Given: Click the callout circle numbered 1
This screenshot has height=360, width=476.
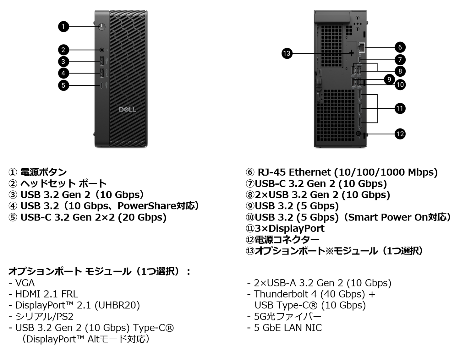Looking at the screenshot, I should [x=63, y=26].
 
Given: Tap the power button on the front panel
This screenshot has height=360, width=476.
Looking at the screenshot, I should [x=102, y=27].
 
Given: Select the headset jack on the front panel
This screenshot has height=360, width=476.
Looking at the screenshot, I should [x=102, y=50].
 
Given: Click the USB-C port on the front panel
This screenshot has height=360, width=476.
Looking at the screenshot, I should [x=102, y=85].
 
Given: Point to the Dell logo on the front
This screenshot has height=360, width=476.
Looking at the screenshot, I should [x=127, y=109].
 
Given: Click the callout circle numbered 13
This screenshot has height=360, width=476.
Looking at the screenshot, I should [x=287, y=53].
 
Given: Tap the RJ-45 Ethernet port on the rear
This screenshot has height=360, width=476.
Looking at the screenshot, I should [x=361, y=47].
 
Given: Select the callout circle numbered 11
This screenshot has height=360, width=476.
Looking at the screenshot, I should [x=400, y=109].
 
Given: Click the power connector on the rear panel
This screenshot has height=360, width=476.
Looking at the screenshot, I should [x=358, y=134].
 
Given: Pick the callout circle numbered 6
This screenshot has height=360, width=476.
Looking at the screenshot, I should [x=400, y=47].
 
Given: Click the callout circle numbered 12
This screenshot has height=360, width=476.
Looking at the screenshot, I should [x=400, y=134].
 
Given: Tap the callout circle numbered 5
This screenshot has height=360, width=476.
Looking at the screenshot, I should [x=63, y=85].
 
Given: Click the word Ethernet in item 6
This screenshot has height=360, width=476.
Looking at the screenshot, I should [x=309, y=172].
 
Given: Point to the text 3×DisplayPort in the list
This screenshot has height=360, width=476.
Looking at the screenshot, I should [x=289, y=228].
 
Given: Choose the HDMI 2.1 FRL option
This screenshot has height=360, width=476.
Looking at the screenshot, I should [x=46, y=294].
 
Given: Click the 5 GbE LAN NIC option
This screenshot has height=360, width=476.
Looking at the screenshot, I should [x=287, y=328].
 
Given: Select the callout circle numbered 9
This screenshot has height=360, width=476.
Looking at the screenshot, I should [x=389, y=79].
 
